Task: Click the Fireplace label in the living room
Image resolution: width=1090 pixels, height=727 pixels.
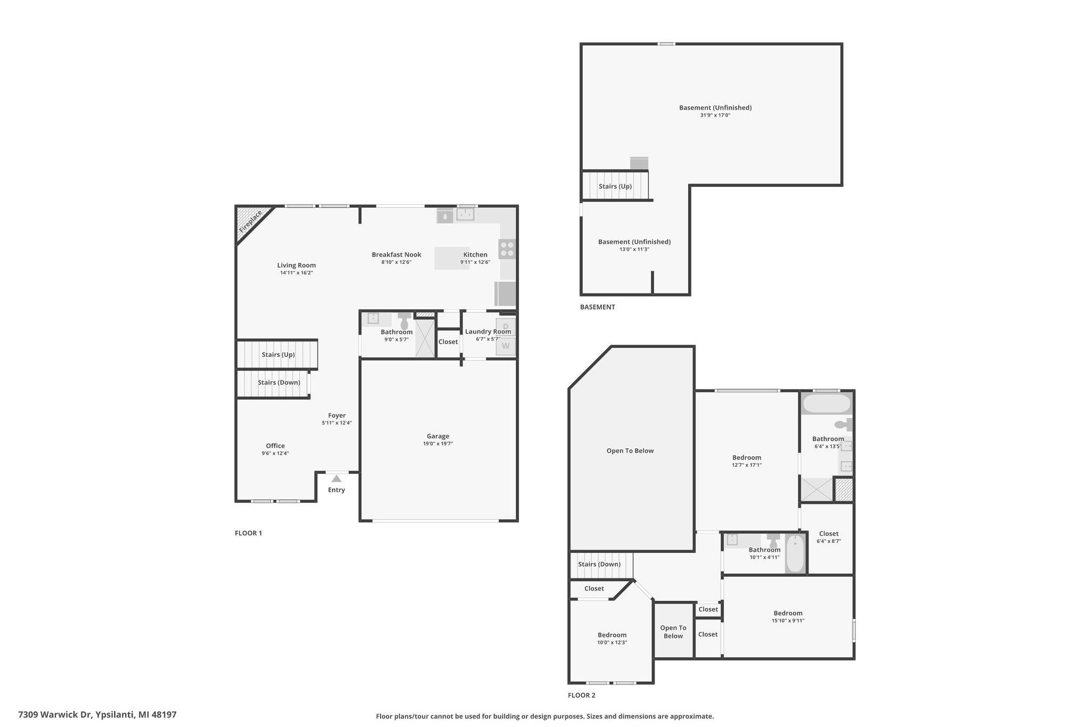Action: click(250, 222)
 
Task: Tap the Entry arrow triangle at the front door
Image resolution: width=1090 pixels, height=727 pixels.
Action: click(336, 479)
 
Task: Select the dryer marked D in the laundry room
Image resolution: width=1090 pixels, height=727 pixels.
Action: click(506, 326)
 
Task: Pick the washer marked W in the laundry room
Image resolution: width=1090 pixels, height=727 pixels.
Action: click(506, 346)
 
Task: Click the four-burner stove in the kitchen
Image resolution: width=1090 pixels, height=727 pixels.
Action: click(507, 249)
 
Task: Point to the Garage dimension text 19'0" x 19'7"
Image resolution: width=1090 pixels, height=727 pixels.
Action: click(438, 444)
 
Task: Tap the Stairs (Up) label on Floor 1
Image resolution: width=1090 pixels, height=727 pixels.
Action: click(278, 355)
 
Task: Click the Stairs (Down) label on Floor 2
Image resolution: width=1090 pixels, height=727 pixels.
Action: click(599, 565)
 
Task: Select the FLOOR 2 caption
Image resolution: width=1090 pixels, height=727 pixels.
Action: click(582, 695)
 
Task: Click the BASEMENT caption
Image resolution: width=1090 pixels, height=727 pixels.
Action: click(598, 307)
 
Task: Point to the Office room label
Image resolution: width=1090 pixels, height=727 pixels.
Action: click(276, 446)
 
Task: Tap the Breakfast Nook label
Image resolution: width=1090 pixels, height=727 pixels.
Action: click(397, 255)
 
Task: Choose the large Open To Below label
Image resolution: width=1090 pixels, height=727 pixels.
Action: click(630, 451)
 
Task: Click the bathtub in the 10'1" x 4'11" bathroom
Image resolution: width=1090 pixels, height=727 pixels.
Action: click(795, 553)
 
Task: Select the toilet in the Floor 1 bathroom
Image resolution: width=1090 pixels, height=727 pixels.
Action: click(404, 321)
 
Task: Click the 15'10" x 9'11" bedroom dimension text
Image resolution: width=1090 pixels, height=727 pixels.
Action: click(788, 620)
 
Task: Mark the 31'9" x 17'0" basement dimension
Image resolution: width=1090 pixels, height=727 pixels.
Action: click(715, 115)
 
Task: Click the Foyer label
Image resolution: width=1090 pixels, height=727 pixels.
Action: click(337, 415)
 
